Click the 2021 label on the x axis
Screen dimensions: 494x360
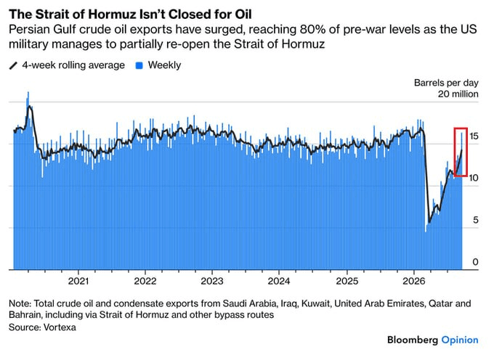[x=78, y=281]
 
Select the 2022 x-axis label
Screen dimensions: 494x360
[x=145, y=281]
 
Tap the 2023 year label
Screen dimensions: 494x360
[x=212, y=281]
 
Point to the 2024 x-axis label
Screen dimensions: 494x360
[x=279, y=281]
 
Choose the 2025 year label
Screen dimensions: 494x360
[x=347, y=281]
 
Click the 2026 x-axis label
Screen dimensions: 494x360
[x=413, y=281]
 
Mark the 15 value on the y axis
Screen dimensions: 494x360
[x=474, y=136]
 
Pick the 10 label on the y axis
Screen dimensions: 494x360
[x=473, y=178]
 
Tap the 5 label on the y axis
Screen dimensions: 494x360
[x=475, y=220]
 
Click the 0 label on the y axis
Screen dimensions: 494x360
[x=475, y=262]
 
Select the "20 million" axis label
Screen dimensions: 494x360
[x=458, y=94]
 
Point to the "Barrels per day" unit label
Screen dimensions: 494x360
[x=446, y=83]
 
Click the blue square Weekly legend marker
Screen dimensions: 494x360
[x=139, y=65]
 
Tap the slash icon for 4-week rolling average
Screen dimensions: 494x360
[x=13, y=65]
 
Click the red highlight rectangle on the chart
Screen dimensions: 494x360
[x=455, y=152]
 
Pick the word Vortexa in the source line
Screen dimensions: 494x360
[x=60, y=327]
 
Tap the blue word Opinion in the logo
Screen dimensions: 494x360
[x=460, y=340]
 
